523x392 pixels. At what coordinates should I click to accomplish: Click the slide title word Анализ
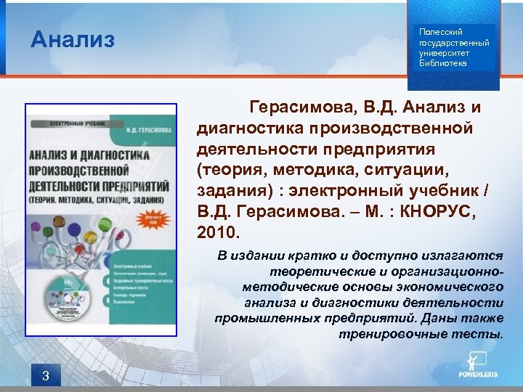click(73, 39)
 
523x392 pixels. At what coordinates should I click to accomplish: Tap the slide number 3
click(46, 375)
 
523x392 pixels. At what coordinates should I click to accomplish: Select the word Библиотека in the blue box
click(443, 63)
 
